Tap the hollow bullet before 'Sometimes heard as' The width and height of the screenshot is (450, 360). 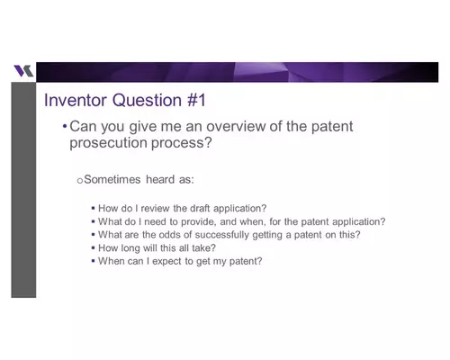click(79, 181)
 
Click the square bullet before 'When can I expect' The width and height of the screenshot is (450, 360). click(93, 262)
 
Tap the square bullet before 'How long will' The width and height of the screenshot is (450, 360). click(93, 248)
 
